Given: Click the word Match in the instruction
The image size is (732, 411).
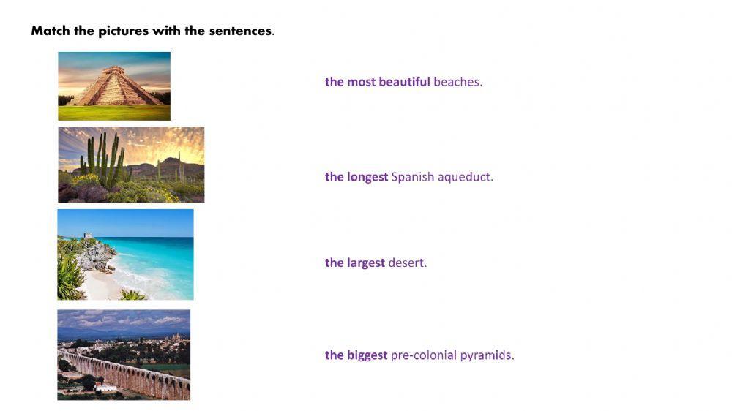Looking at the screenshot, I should pyautogui.click(x=50, y=31).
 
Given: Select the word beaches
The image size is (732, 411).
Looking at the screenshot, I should pyautogui.click(x=457, y=82).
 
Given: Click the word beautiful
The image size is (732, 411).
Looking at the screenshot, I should pyautogui.click(x=404, y=82).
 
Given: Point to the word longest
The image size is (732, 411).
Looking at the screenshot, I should pyautogui.click(x=367, y=176).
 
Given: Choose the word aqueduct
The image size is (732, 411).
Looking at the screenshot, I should pyautogui.click(x=466, y=176).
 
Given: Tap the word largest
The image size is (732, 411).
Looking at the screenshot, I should pyautogui.click(x=366, y=263).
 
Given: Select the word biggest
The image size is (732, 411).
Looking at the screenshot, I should pyautogui.click(x=367, y=355).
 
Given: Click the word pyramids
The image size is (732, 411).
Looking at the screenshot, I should pyautogui.click(x=487, y=355).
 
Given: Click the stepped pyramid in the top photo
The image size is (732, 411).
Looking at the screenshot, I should pyautogui.click(x=113, y=89).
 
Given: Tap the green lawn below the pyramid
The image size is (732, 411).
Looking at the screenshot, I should pyautogui.click(x=113, y=113).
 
